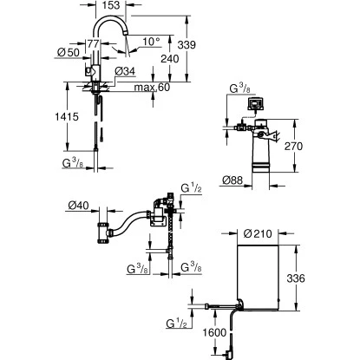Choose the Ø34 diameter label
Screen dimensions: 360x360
(125, 70)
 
